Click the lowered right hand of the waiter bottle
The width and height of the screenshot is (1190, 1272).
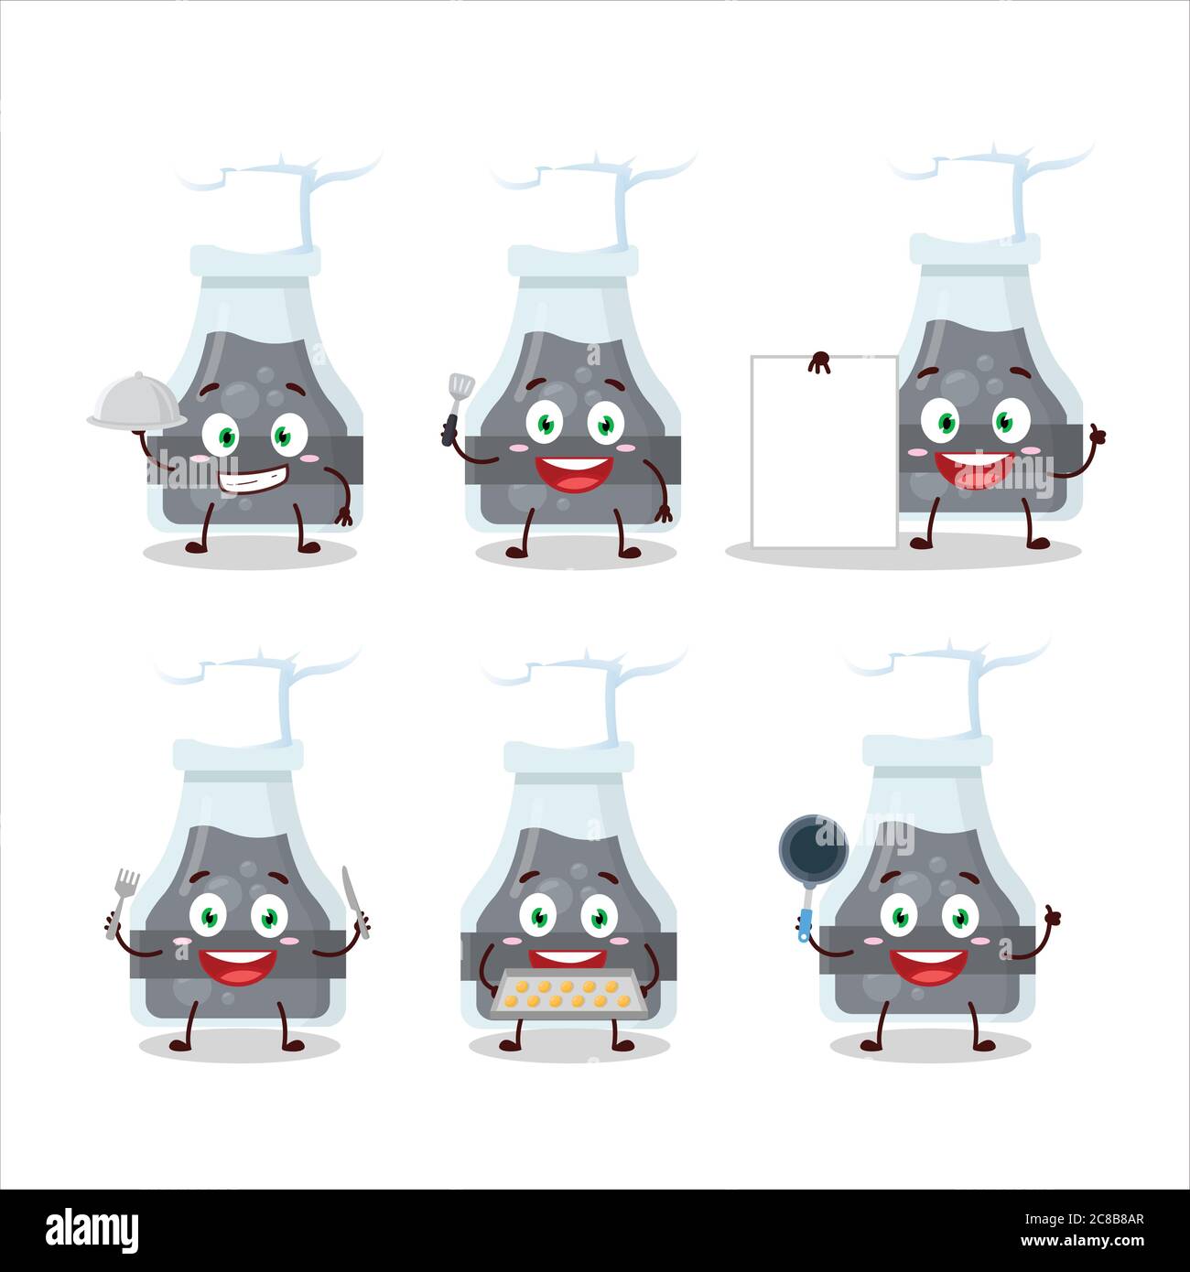pos(344,518)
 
